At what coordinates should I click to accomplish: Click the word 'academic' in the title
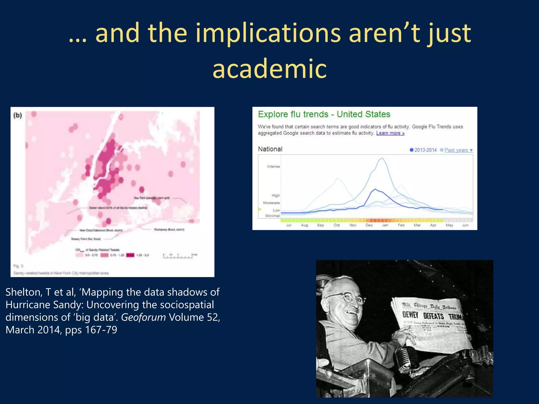[269, 69]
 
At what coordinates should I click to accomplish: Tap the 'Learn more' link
[390, 133]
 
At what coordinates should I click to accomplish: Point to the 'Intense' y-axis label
[273, 166]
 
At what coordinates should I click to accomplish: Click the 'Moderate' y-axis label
[271, 203]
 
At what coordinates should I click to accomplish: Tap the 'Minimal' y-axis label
[272, 216]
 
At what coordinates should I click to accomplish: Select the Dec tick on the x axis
[369, 225]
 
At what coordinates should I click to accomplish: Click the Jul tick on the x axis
[289, 225]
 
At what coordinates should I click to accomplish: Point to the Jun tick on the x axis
[465, 225]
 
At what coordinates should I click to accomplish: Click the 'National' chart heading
[270, 149]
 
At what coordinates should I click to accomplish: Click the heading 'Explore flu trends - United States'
[324, 114]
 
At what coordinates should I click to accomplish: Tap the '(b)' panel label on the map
[18, 115]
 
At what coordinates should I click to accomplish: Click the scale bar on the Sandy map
[179, 256]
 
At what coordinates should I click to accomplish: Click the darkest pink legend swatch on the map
[130, 255]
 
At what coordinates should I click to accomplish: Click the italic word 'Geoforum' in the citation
[143, 317]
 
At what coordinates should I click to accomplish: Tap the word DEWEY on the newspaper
[410, 315]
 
